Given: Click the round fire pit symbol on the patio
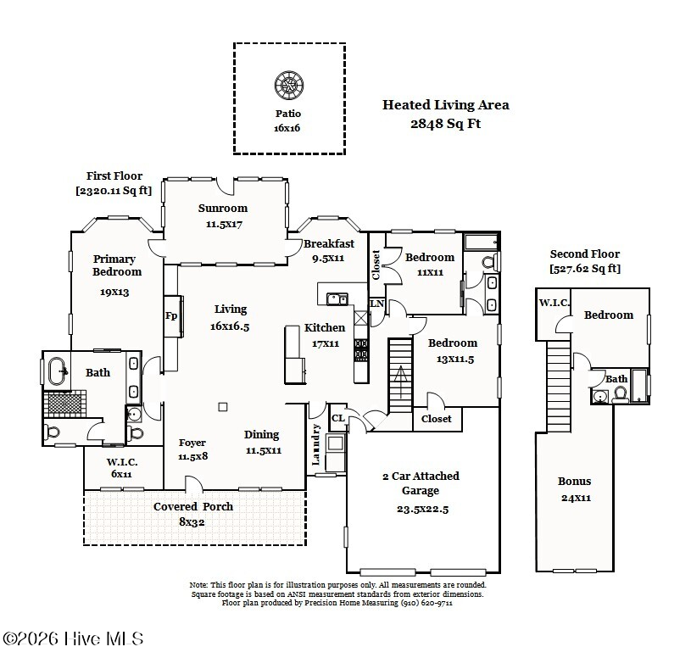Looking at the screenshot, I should [x=287, y=85].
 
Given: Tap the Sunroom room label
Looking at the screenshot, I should [x=223, y=208].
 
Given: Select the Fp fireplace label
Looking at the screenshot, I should [x=170, y=316].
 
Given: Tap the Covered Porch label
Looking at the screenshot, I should [x=192, y=507].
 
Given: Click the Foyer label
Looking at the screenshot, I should [x=192, y=443].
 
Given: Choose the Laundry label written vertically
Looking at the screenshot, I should [x=316, y=445].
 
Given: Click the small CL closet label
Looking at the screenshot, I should [x=337, y=418].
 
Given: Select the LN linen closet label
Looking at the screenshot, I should [x=376, y=304].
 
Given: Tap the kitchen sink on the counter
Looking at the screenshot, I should [x=337, y=298].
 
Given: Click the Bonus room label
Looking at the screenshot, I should [x=574, y=482].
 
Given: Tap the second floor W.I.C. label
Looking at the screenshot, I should [x=554, y=303].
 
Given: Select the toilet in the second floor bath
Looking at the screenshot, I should [x=620, y=393].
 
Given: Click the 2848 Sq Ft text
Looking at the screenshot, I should [x=445, y=123].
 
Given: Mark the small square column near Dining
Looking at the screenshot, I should [x=222, y=406].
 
